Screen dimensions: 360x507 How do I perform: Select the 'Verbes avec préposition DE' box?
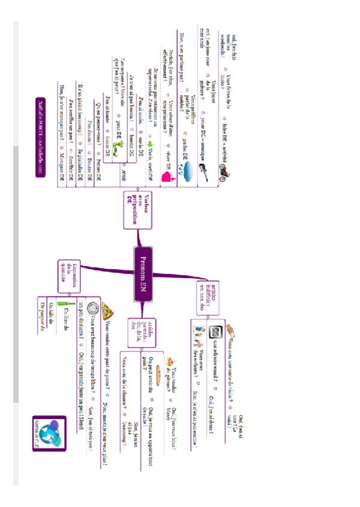click(135, 210)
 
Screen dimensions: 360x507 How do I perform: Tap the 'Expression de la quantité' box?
click(69, 275)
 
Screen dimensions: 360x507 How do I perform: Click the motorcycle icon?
click(222, 172)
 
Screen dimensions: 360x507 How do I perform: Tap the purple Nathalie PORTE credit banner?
click(41, 137)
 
